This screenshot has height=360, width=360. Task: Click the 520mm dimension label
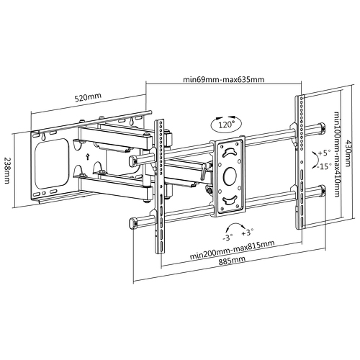click(88, 97)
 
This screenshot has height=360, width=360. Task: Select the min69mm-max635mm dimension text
click(224, 79)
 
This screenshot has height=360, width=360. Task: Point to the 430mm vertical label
click(348, 153)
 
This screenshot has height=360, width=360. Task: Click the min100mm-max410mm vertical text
click(337, 154)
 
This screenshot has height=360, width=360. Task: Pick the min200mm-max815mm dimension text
click(232, 250)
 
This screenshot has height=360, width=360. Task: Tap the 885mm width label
click(232, 261)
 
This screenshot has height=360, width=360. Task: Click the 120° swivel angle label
click(226, 125)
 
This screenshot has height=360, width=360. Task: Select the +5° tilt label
click(324, 153)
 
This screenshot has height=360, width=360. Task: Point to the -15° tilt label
click(324, 166)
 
